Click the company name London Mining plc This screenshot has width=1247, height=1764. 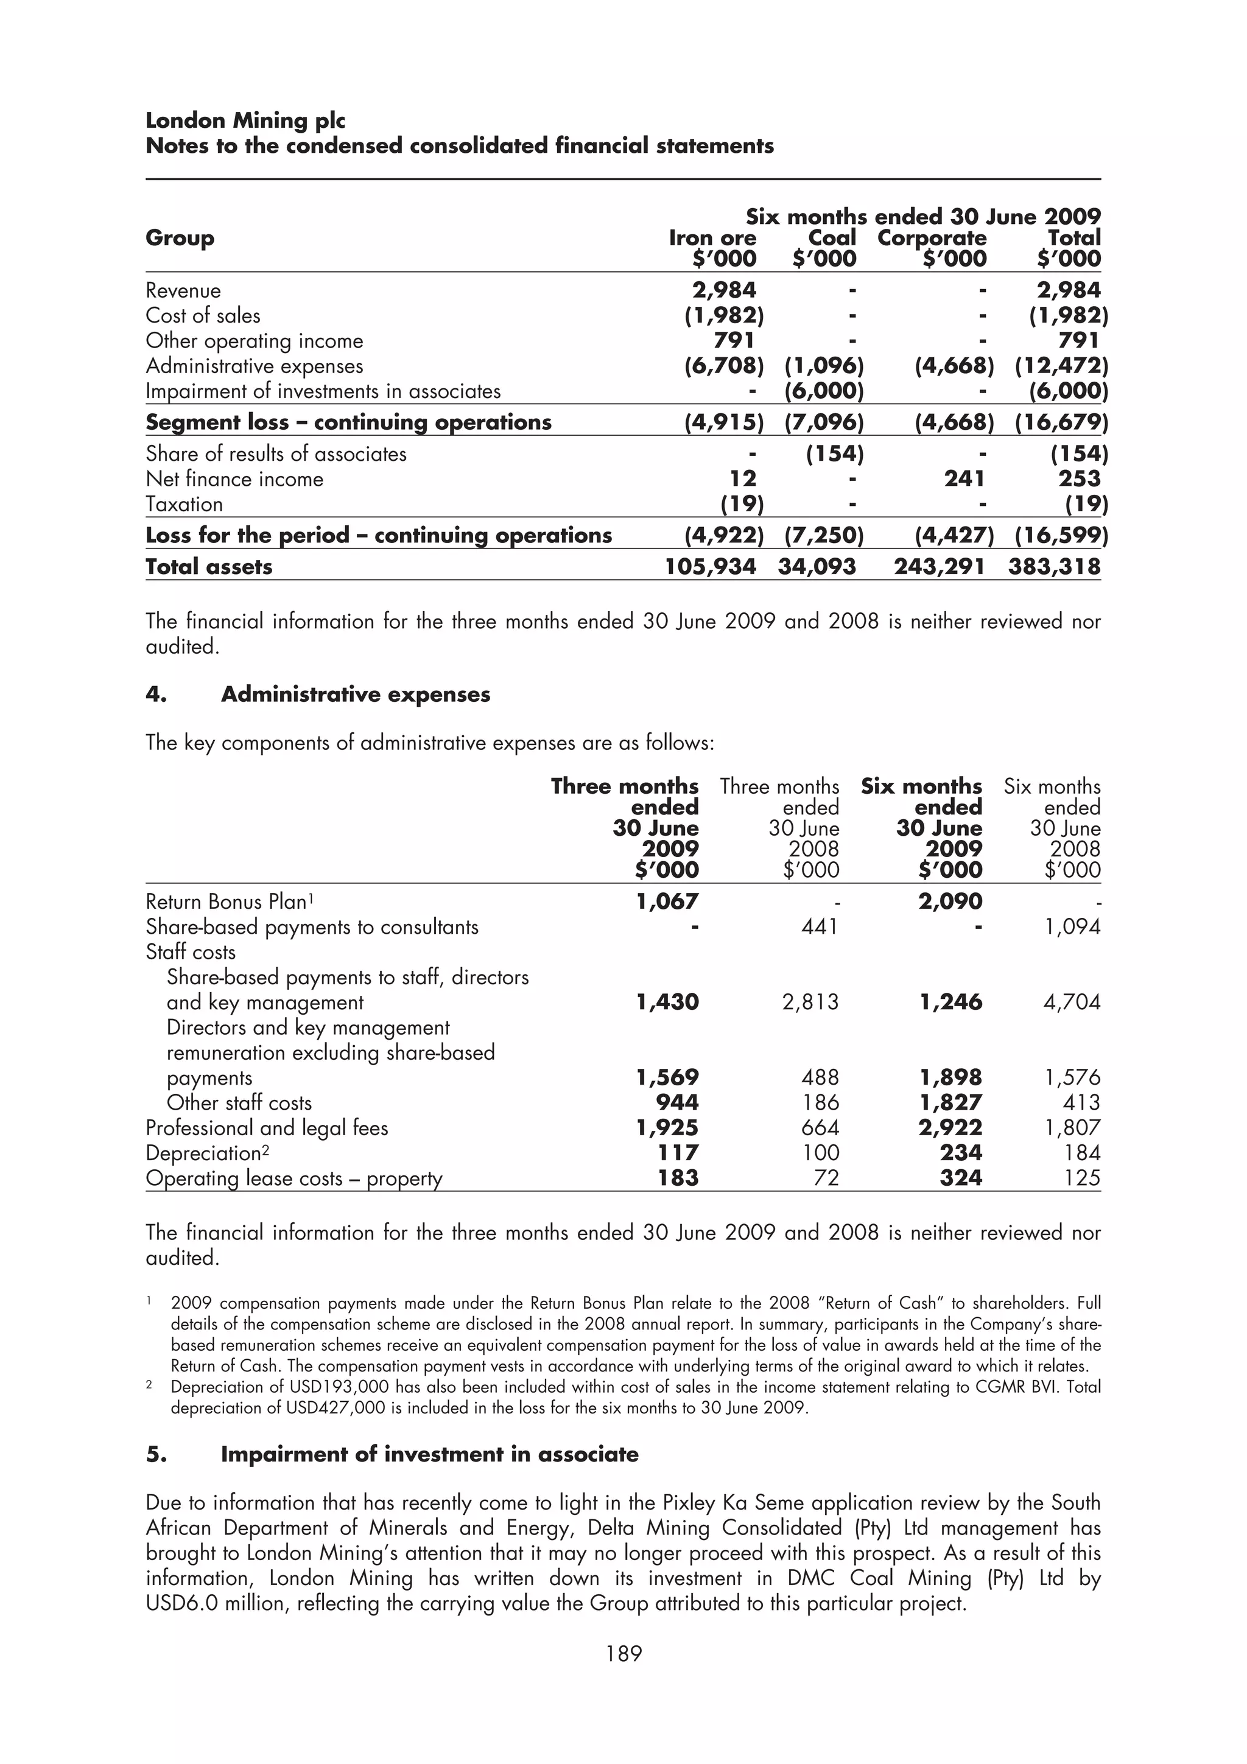pyautogui.click(x=245, y=121)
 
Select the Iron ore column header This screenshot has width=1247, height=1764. pyautogui.click(x=712, y=238)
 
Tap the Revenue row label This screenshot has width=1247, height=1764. pyautogui.click(x=183, y=290)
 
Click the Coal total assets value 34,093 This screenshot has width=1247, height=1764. pyautogui.click(x=817, y=567)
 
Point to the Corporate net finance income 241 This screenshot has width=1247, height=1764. pyautogui.click(x=964, y=478)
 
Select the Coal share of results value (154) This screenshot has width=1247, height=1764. pyautogui.click(x=835, y=454)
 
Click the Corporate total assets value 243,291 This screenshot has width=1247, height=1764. pyautogui.click(x=939, y=567)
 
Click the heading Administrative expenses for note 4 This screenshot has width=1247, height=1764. pyautogui.click(x=355, y=695)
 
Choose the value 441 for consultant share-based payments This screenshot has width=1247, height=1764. pyautogui.click(x=819, y=926)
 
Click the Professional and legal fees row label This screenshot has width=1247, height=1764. pyautogui.click(x=267, y=1128)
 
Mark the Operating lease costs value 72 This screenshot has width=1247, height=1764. pyautogui.click(x=826, y=1178)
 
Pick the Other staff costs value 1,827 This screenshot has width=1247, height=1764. pyautogui.click(x=950, y=1102)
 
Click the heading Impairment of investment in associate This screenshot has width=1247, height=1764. pyautogui.click(x=429, y=1454)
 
